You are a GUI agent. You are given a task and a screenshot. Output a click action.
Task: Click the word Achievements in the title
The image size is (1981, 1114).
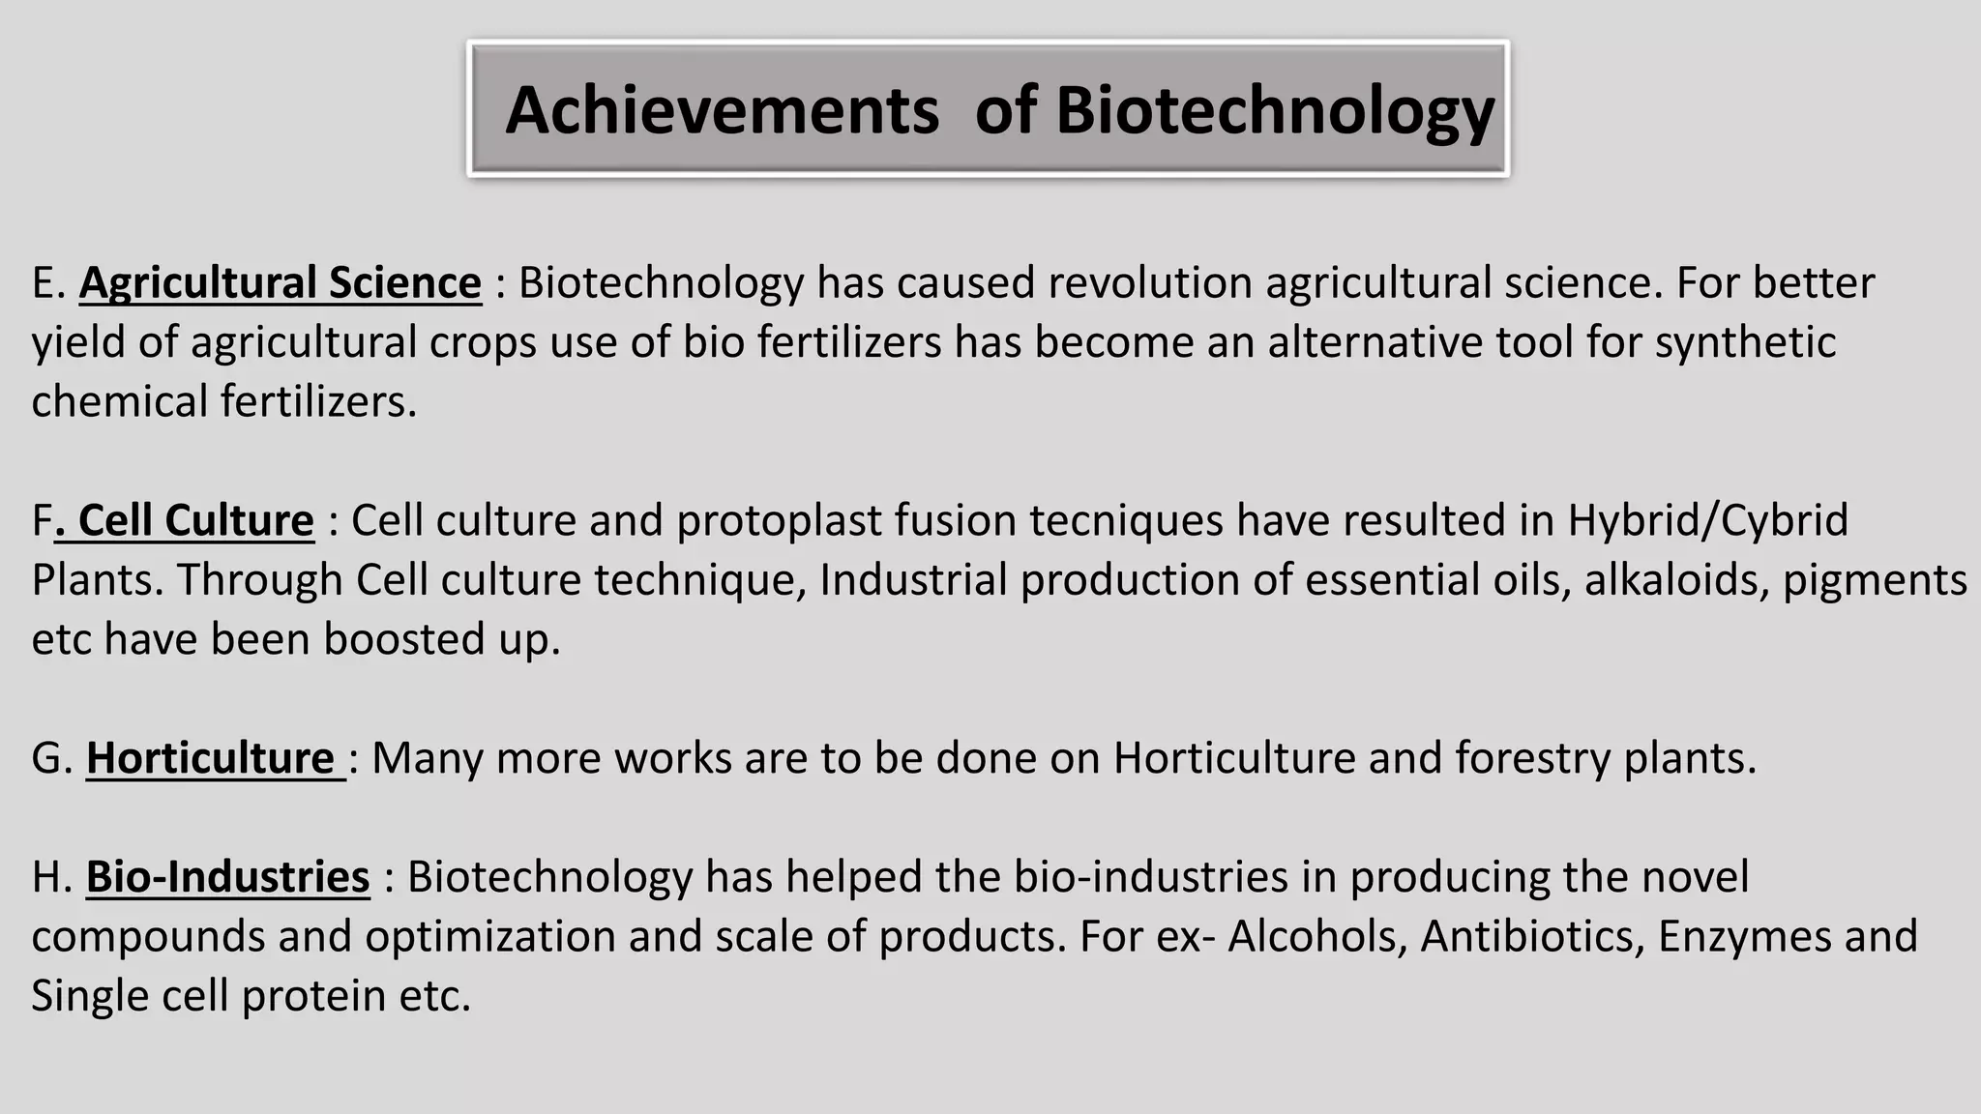(x=722, y=110)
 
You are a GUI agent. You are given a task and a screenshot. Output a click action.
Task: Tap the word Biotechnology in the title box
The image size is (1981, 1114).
(x=1275, y=110)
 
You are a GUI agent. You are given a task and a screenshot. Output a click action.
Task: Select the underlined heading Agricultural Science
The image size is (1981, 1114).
(x=281, y=283)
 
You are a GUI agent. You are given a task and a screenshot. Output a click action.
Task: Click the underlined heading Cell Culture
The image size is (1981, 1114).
(x=195, y=520)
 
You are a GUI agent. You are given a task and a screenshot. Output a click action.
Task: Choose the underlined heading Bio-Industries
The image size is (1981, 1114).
(x=228, y=877)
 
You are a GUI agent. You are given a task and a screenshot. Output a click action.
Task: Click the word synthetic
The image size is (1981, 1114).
(x=1745, y=342)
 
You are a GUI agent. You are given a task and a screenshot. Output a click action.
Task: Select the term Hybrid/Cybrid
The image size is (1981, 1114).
(x=1707, y=521)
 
